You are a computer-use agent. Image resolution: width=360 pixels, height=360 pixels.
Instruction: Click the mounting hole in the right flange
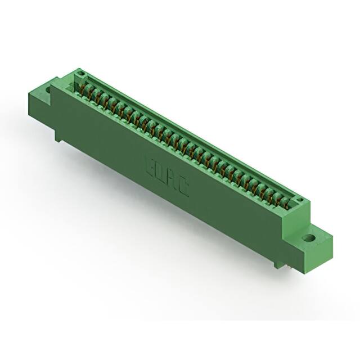(308, 238)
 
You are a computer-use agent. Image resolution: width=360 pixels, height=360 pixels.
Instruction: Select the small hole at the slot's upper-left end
(81, 74)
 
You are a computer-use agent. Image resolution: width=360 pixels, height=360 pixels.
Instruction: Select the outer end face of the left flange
(37, 104)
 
